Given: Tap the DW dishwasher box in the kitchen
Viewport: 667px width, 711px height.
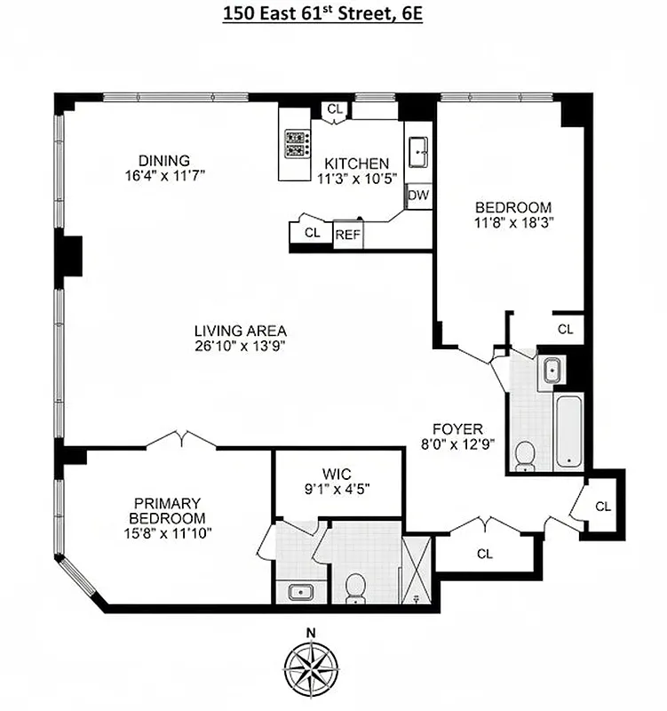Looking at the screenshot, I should point(417,196).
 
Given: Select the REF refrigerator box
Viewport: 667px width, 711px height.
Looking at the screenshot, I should point(347,235).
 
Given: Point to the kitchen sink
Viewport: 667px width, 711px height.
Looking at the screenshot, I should point(417,152).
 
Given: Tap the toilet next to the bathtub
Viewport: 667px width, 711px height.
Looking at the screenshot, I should point(525,455).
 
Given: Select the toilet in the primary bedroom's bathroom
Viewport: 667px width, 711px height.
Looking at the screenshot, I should point(356,587).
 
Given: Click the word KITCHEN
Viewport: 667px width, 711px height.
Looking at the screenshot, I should point(356,164).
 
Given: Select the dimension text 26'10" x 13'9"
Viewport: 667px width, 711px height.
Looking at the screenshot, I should point(241,346).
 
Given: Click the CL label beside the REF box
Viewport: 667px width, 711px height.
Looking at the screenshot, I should point(312,233).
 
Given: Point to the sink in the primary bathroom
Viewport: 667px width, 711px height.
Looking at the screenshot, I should point(297,590).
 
